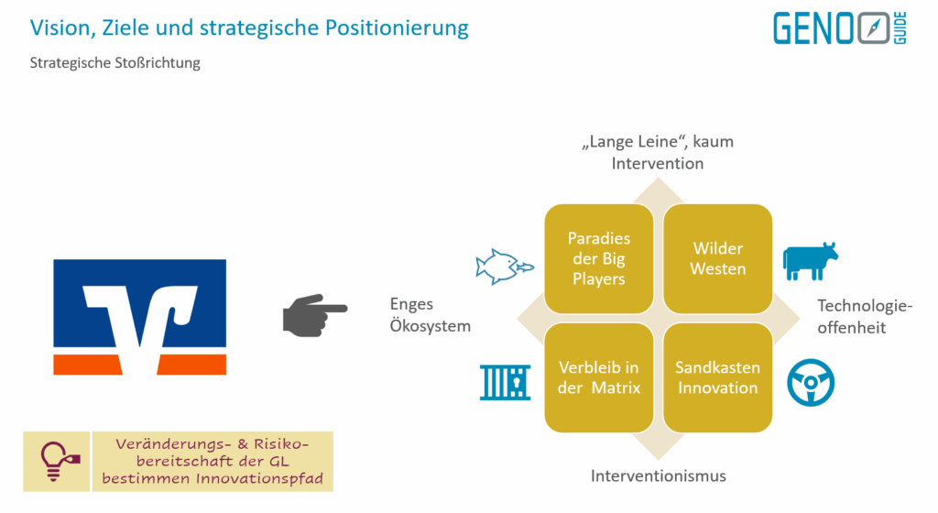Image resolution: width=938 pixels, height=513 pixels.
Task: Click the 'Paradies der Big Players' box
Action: pyautogui.click(x=599, y=258)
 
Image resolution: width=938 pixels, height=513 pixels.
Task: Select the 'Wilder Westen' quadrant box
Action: pyautogui.click(x=717, y=258)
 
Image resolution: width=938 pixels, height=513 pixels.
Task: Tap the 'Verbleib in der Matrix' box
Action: pyautogui.click(x=599, y=377)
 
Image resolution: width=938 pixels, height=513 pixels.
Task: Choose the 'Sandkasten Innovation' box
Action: pyautogui.click(x=717, y=377)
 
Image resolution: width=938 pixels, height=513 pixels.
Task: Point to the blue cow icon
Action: pyautogui.click(x=811, y=260)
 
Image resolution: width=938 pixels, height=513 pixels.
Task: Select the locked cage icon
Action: pyautogui.click(x=505, y=381)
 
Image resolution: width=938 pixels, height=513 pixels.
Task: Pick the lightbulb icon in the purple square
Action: pyautogui.click(x=57, y=462)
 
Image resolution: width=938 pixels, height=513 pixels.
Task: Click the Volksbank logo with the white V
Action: pyautogui.click(x=139, y=317)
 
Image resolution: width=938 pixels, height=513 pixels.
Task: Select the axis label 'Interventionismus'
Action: pyautogui.click(x=658, y=475)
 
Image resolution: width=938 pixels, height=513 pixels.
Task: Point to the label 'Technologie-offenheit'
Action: pyautogui.click(x=865, y=316)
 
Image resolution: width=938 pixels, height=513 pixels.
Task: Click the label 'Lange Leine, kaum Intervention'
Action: pyautogui.click(x=660, y=153)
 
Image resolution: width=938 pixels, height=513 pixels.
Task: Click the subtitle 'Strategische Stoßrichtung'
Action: pyautogui.click(x=115, y=63)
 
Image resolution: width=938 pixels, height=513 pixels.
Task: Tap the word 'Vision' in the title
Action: pyautogui.click(x=60, y=27)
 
